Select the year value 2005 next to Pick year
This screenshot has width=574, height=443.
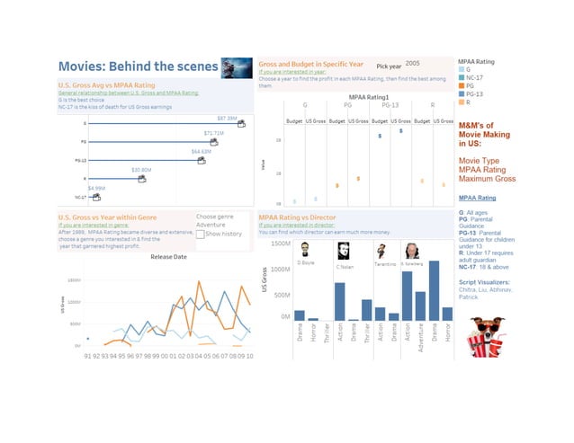(412, 64)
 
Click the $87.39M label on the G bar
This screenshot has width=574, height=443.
(227, 118)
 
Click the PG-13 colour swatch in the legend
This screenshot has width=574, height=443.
(462, 93)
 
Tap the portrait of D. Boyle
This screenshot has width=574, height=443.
(306, 250)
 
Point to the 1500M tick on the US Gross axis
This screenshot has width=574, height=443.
(279, 244)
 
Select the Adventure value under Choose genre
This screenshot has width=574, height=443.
(211, 225)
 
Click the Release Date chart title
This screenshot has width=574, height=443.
(168, 256)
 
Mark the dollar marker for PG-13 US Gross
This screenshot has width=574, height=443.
(400, 131)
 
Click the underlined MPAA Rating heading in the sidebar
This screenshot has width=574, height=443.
(476, 197)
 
